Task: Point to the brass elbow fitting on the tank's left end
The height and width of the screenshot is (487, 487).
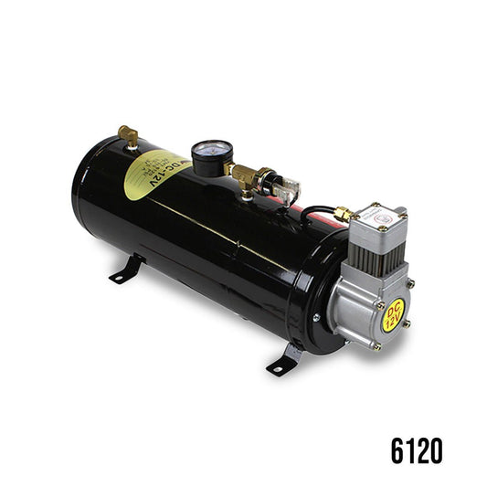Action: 129,137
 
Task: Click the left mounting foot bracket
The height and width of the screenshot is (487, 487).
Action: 127,271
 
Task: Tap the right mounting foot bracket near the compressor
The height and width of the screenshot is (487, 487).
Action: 284,359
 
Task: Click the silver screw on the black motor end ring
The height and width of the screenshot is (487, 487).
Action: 316,317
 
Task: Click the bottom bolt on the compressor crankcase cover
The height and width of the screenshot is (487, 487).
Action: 376,346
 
